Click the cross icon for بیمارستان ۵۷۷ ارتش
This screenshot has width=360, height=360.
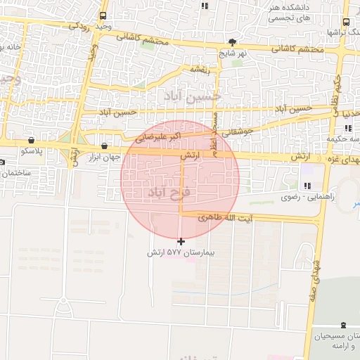(181, 242)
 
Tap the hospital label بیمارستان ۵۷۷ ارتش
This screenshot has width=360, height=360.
(180, 252)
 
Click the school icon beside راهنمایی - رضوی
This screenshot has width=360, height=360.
(307, 186)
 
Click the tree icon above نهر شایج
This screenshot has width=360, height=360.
(232, 41)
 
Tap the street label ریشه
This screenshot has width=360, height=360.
(198, 70)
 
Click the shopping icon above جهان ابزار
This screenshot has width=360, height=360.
(105, 146)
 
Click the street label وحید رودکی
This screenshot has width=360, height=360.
(92, 25)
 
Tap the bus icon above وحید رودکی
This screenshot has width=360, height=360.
(103, 15)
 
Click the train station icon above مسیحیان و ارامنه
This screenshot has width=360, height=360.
(342, 325)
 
